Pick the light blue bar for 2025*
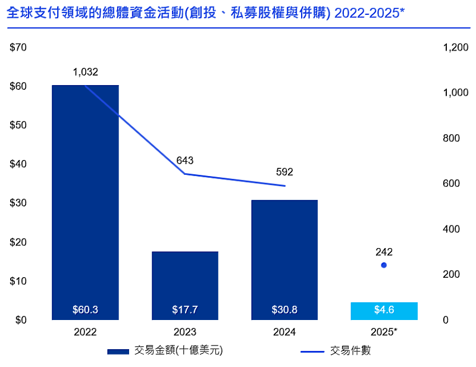[x=384, y=311]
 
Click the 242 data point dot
[x=384, y=265]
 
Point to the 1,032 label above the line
[x=85, y=72]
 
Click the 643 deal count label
[x=185, y=161]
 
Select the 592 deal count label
[x=284, y=172]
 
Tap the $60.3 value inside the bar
[x=85, y=310]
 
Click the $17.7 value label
[x=185, y=310]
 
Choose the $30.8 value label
[x=284, y=310]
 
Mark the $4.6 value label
[x=384, y=310]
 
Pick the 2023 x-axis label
[x=185, y=332]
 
